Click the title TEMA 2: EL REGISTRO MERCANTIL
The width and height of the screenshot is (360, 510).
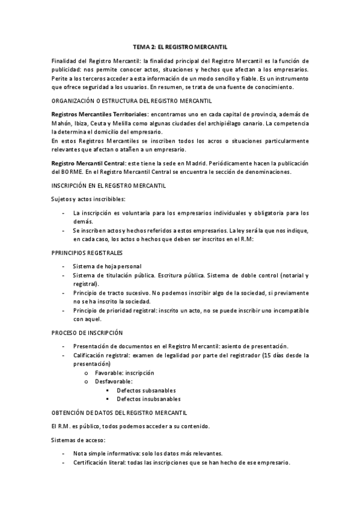[x=180, y=46]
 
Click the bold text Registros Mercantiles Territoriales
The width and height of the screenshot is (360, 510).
[x=99, y=114]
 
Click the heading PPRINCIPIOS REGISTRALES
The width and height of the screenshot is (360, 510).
[x=87, y=252]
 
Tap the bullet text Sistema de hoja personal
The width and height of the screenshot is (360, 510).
[x=108, y=266]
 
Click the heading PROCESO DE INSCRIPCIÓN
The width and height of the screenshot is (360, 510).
[x=87, y=333]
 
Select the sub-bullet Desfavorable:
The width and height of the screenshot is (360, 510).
[x=114, y=381]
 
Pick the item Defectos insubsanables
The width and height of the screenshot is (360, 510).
[x=149, y=399]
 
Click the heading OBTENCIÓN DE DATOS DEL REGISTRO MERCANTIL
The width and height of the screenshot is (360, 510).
[x=120, y=413]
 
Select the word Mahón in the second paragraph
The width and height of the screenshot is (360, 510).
[x=63, y=123]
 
